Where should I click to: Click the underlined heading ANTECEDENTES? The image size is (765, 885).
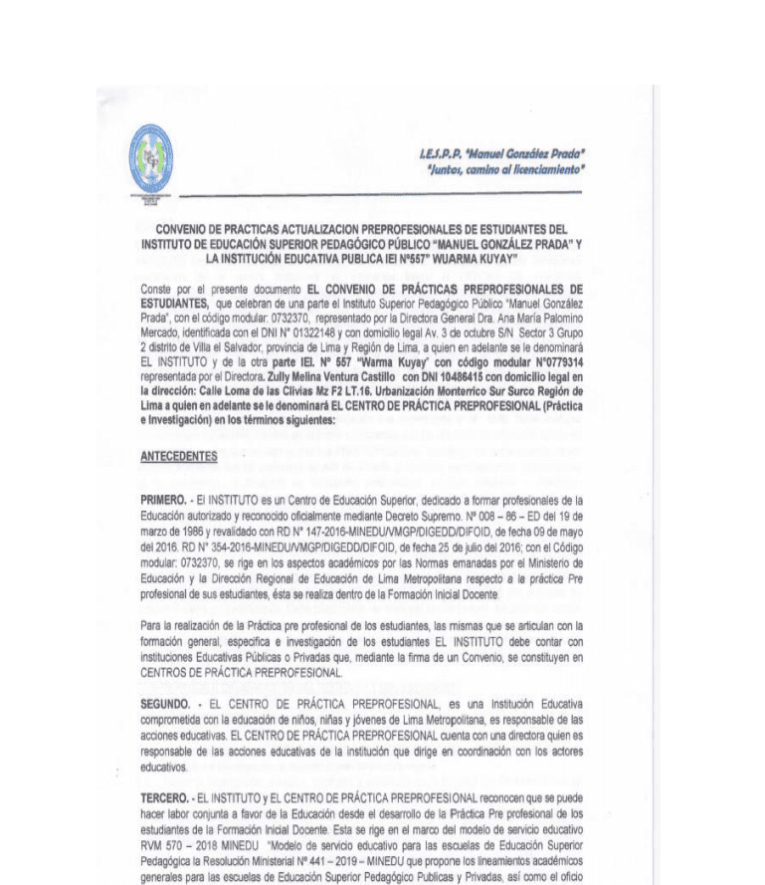pos(179,456)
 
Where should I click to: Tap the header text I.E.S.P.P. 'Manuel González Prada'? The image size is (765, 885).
pos(502,154)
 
